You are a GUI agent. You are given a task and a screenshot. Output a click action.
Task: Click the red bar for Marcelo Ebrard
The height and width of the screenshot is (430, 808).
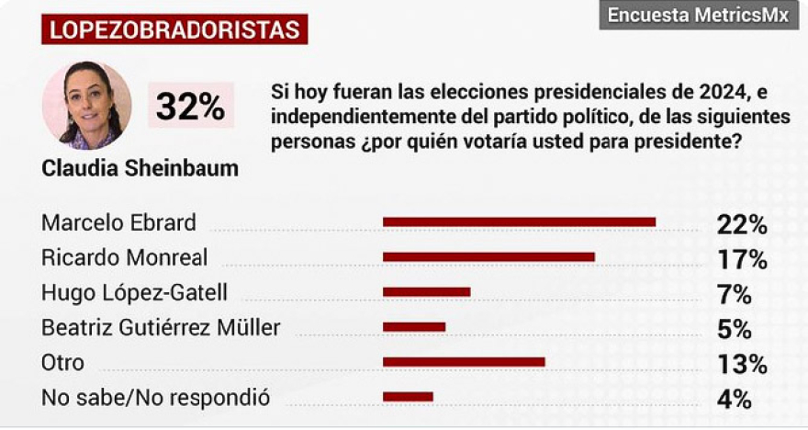[x=519, y=221]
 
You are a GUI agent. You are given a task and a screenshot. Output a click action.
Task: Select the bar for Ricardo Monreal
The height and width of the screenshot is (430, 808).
[x=488, y=256]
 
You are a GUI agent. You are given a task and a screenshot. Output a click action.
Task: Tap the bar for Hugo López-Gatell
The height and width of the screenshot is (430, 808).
[x=426, y=292]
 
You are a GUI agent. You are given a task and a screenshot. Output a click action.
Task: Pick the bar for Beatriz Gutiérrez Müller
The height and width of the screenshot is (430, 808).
[x=414, y=327]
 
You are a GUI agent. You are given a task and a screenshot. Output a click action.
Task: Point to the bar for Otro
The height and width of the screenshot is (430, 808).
[x=464, y=362]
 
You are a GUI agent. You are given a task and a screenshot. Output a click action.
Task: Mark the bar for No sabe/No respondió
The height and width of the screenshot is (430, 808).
[x=408, y=397]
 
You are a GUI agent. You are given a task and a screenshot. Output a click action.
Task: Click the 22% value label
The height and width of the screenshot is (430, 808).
[x=741, y=224]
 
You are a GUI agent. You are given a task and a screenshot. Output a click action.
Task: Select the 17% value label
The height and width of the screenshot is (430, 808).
[x=741, y=259]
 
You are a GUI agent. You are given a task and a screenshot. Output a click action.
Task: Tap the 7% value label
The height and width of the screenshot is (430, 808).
[x=735, y=294]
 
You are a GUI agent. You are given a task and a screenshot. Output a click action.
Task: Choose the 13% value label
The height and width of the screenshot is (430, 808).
[x=741, y=364]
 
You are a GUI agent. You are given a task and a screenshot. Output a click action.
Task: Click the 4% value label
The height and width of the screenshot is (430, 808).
[x=735, y=399]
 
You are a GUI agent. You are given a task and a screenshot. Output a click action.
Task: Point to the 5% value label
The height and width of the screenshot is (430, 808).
[x=735, y=329]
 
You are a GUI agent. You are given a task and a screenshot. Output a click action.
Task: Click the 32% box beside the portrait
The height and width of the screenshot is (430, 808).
[x=190, y=107]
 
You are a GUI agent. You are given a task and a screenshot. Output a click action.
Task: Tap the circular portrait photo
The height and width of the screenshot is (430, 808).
[x=87, y=106]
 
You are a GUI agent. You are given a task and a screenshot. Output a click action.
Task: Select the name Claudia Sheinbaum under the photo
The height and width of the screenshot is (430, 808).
[x=140, y=169]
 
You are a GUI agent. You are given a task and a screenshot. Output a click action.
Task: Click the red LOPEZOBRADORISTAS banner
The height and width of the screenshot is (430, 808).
[x=174, y=29]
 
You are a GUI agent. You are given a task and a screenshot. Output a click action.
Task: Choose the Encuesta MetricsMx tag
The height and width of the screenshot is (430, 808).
[x=698, y=16]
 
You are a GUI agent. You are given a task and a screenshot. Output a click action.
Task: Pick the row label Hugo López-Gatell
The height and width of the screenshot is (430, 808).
[x=134, y=293]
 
